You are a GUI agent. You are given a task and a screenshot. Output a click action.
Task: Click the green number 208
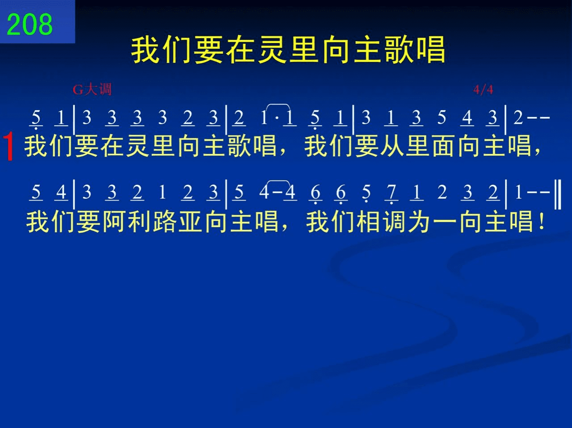point(29,24)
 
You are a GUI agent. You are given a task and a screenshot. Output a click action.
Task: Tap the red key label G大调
point(92,90)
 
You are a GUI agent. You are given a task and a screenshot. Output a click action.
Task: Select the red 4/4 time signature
point(483,90)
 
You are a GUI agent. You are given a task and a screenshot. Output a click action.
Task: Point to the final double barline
point(557,194)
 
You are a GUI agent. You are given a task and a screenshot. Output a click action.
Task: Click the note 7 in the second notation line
point(391,192)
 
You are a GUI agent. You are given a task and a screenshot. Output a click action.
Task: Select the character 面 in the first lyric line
point(443,146)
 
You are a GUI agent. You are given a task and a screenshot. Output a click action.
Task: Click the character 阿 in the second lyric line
point(114,222)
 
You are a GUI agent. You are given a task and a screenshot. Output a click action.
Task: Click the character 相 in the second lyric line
point(368,222)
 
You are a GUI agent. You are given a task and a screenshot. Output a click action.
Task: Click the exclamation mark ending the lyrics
point(542,222)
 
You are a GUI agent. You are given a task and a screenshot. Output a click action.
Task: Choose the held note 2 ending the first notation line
point(518,117)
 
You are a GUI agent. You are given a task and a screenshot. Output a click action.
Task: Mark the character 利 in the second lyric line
point(139,222)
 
